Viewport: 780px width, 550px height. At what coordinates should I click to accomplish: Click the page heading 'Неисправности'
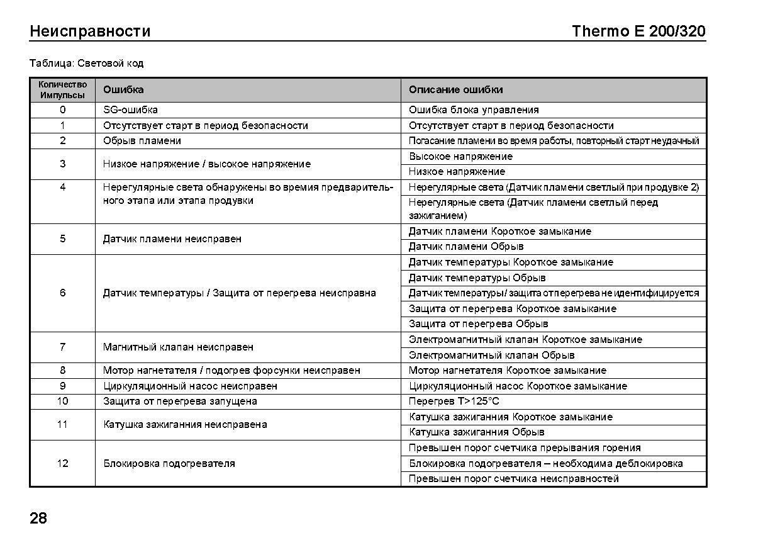point(90,31)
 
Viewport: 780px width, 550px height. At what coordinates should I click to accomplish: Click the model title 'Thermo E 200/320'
point(638,31)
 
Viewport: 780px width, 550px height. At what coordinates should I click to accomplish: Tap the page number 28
point(38,519)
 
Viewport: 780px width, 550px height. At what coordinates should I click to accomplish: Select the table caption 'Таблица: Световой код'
point(87,63)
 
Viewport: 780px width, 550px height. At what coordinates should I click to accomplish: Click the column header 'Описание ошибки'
point(455,89)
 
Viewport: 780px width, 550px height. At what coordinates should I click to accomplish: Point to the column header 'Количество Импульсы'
point(62,89)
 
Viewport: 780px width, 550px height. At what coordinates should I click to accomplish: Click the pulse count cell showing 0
point(62,110)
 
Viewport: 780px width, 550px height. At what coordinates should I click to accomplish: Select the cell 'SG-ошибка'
point(130,110)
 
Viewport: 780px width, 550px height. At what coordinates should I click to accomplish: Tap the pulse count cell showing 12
point(62,463)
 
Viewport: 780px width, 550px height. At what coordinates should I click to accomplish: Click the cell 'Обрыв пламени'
point(142,141)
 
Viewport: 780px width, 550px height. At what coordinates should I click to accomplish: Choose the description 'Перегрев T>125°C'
point(454,401)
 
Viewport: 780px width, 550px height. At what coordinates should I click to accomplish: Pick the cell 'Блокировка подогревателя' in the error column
point(169,464)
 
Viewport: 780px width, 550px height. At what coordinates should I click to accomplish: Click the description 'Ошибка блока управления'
point(474,110)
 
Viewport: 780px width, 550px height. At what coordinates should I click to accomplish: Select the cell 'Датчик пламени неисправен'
point(172,239)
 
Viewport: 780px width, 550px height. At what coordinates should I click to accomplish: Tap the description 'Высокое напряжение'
point(460,156)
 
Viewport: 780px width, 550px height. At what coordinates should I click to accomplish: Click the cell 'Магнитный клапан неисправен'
point(178,347)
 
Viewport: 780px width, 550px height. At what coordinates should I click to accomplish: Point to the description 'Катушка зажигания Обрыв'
point(476,432)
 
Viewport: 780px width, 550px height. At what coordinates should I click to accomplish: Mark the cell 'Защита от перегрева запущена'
point(180,401)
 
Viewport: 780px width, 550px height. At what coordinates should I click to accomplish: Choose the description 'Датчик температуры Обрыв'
point(477,278)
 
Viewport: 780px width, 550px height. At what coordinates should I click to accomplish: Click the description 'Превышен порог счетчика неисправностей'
point(513,479)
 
